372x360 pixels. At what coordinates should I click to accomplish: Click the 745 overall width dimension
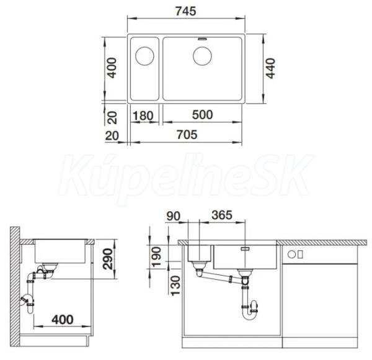tap(186, 11)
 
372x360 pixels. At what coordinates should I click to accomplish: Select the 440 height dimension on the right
tap(270, 68)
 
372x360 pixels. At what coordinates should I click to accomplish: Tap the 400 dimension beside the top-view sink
tap(111, 68)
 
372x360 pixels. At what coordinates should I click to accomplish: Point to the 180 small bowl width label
tap(143, 116)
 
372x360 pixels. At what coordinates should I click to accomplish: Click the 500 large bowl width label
tap(202, 115)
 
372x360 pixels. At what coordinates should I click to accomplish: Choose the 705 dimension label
tap(187, 135)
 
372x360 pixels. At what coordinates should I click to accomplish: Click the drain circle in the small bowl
tap(144, 56)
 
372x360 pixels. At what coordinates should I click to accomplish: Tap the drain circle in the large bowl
tap(202, 56)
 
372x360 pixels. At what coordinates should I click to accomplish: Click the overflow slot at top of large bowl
tap(202, 38)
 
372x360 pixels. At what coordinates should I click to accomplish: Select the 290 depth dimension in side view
tap(107, 259)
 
